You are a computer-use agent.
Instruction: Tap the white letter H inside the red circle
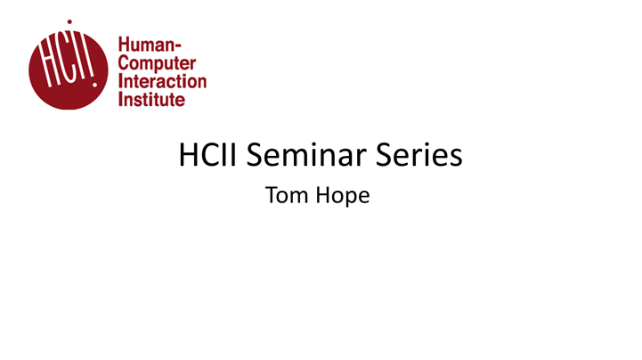(47, 64)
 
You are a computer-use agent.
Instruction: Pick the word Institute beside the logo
(152, 99)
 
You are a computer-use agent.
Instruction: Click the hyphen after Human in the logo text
(178, 43)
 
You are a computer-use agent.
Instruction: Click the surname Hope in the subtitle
(344, 197)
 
